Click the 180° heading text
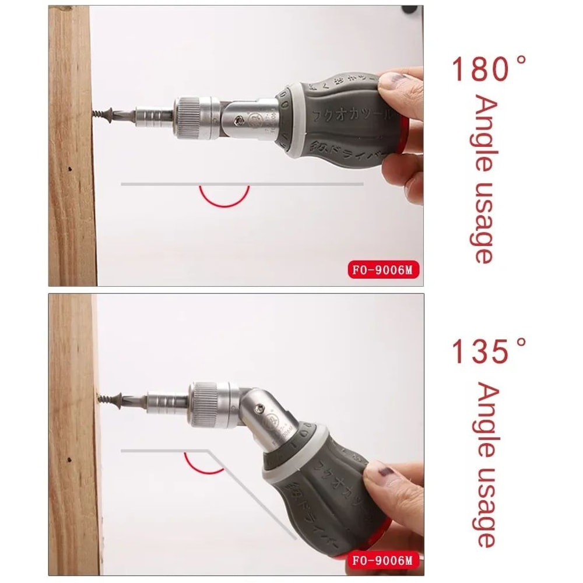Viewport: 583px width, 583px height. click(x=489, y=69)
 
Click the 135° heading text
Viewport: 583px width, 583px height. click(x=489, y=353)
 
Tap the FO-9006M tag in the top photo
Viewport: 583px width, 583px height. click(x=385, y=271)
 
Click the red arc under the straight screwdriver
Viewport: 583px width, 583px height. click(x=224, y=198)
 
